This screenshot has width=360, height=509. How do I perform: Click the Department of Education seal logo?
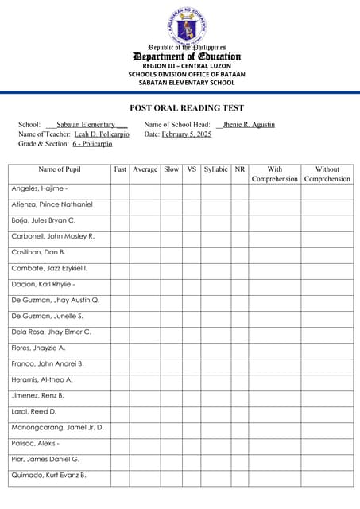point(187,27)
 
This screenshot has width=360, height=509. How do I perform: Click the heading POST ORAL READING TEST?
point(187,108)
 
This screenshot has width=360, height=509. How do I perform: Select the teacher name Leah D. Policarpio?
point(102,134)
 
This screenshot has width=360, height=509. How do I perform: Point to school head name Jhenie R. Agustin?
point(250,125)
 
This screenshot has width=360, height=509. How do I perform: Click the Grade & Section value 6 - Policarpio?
point(92,144)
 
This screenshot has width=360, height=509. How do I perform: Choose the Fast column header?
point(120,169)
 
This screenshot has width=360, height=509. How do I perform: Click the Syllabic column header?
point(215,169)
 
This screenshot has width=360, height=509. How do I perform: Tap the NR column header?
point(240,169)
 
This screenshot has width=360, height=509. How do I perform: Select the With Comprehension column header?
point(275,174)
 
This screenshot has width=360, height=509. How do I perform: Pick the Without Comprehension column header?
point(327,174)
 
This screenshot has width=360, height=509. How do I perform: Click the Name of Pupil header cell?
point(60,169)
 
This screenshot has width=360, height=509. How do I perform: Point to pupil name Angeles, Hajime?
point(40,188)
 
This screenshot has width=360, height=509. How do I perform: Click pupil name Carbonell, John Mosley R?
point(53,236)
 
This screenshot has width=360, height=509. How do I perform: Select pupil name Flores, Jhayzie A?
point(39,348)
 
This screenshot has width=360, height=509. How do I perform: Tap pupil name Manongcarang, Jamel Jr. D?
point(58,427)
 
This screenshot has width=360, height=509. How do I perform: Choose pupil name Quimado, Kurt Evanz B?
point(49,475)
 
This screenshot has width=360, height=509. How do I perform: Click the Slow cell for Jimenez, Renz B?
point(171,395)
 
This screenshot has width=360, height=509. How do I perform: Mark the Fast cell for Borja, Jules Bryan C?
point(120,220)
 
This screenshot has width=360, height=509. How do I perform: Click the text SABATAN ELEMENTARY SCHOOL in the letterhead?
point(187,82)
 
